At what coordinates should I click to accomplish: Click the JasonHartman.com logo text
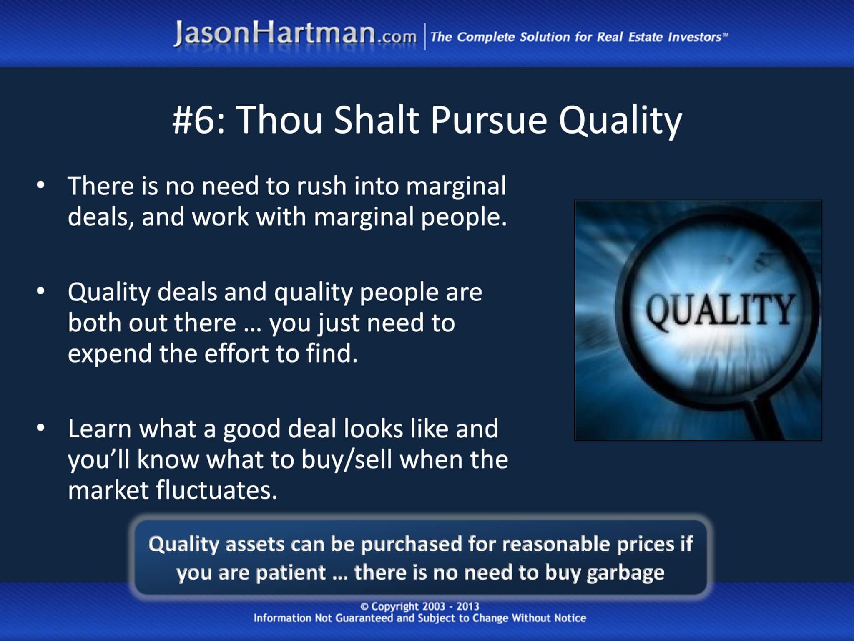[295, 34]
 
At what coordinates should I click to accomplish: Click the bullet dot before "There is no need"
[40, 186]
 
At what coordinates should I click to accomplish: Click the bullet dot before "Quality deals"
[40, 292]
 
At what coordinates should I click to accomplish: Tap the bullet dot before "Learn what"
[40, 429]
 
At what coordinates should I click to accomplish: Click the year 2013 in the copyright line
[468, 606]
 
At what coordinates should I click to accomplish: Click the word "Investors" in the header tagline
[695, 37]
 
